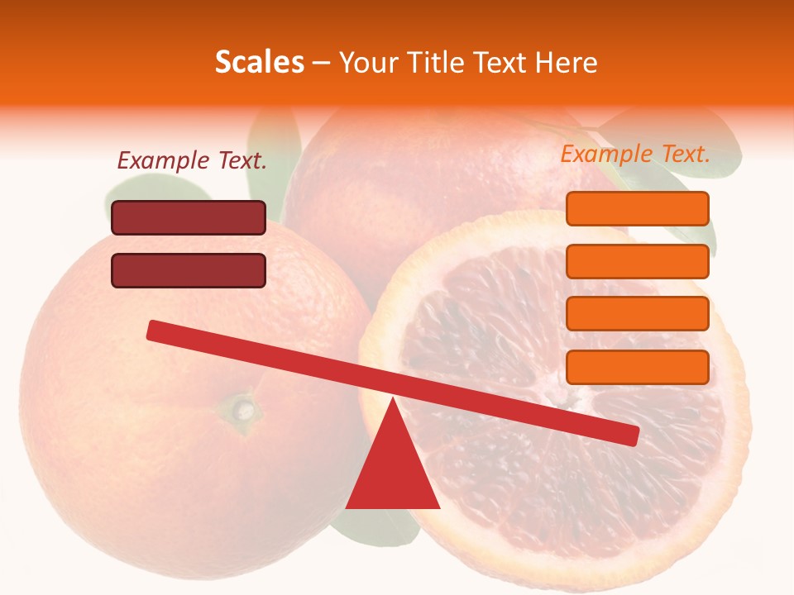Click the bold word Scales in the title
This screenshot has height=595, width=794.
(x=259, y=62)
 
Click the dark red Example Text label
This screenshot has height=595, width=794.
(x=192, y=161)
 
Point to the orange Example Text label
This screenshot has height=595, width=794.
(x=635, y=154)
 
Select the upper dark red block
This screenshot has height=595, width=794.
(x=189, y=218)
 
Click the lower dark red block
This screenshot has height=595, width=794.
(x=189, y=270)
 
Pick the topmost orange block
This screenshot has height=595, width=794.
(x=638, y=208)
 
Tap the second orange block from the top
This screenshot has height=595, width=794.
(x=638, y=261)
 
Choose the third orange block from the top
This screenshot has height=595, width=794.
(x=638, y=314)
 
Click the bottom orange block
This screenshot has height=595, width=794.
(x=638, y=367)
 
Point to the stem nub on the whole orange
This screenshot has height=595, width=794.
(x=243, y=407)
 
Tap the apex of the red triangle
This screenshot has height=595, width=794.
(x=393, y=401)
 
